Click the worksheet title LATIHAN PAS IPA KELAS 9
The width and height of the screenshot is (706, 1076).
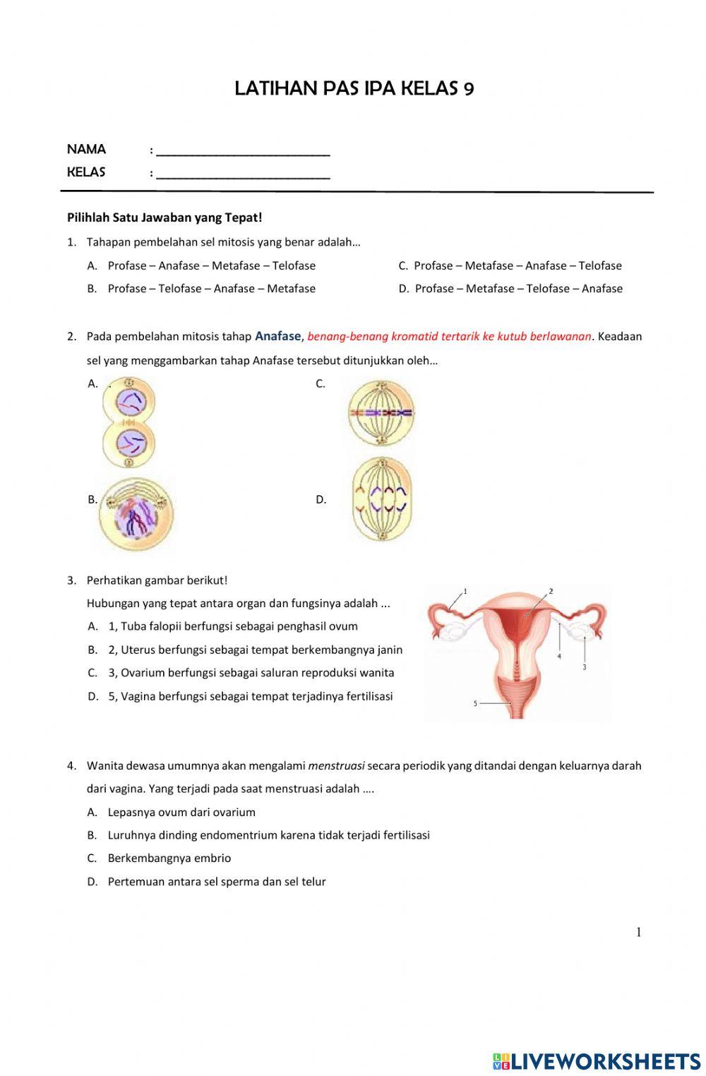(x=354, y=88)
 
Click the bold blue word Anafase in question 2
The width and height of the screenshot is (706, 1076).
(x=278, y=336)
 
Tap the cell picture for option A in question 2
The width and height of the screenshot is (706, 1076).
(x=128, y=422)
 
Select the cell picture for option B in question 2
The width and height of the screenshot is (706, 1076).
(x=136, y=513)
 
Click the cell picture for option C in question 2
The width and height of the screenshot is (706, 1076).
(x=381, y=413)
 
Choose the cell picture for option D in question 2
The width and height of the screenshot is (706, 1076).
(x=381, y=499)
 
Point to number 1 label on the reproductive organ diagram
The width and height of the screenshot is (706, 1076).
(x=465, y=590)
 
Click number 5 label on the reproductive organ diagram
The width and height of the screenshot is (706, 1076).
(x=475, y=703)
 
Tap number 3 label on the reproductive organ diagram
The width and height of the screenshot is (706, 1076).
(x=585, y=666)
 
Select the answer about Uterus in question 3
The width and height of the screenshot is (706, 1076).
(x=255, y=650)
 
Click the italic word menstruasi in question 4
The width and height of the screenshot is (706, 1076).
(x=336, y=765)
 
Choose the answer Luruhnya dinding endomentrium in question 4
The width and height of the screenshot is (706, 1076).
(x=268, y=835)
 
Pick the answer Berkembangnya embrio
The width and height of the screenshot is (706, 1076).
(x=169, y=859)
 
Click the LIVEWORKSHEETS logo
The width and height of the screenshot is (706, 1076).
(x=597, y=1061)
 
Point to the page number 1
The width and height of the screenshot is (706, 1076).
(x=639, y=933)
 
